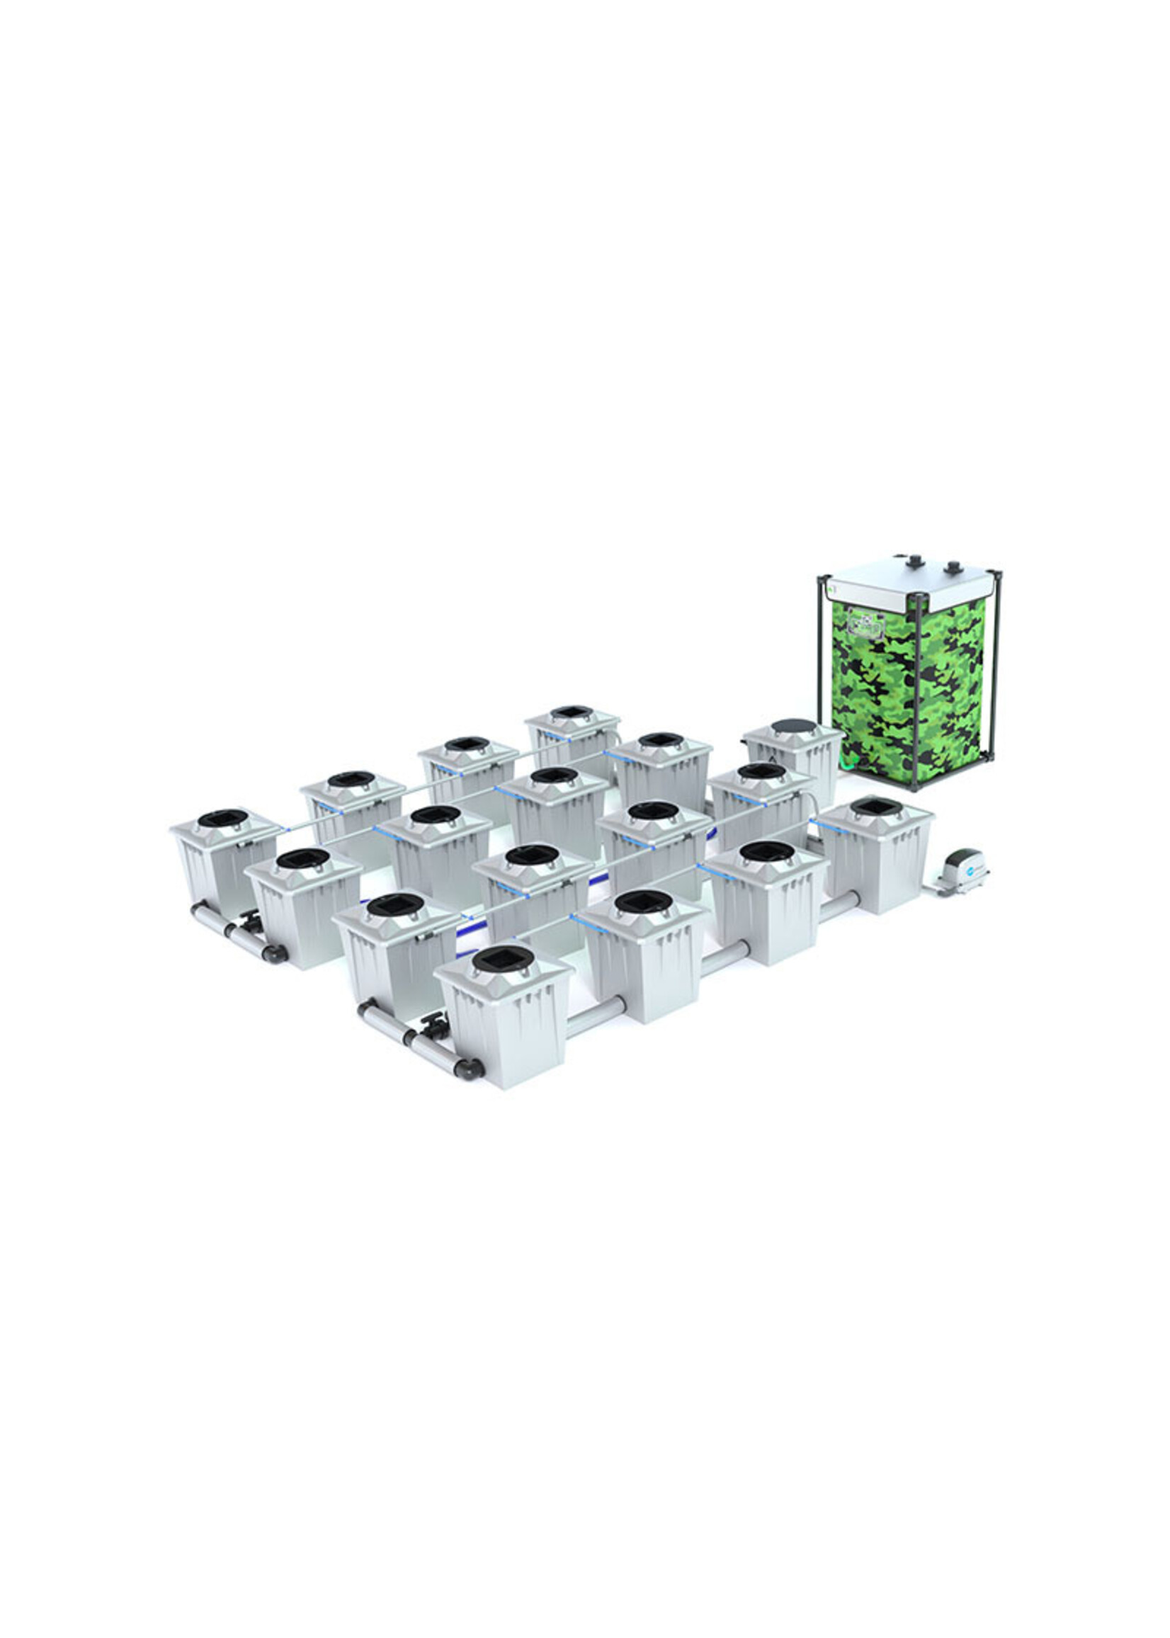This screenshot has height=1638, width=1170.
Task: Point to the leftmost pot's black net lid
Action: (222, 818)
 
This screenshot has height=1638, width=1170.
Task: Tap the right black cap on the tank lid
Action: (953, 566)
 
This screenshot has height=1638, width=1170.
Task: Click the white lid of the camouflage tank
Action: (909, 581)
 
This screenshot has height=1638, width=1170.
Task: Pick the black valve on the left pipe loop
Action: (251, 920)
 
